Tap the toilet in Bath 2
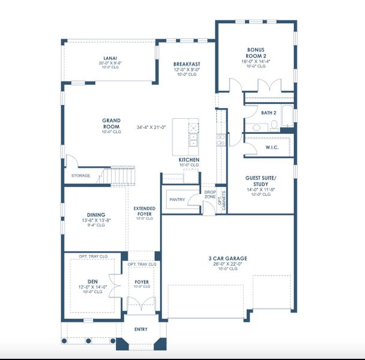274,125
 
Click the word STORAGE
80,176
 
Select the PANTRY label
176,199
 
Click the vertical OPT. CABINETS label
224,199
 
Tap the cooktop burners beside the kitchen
220,140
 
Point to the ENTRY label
141,329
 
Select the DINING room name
95,215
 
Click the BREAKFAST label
187,64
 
